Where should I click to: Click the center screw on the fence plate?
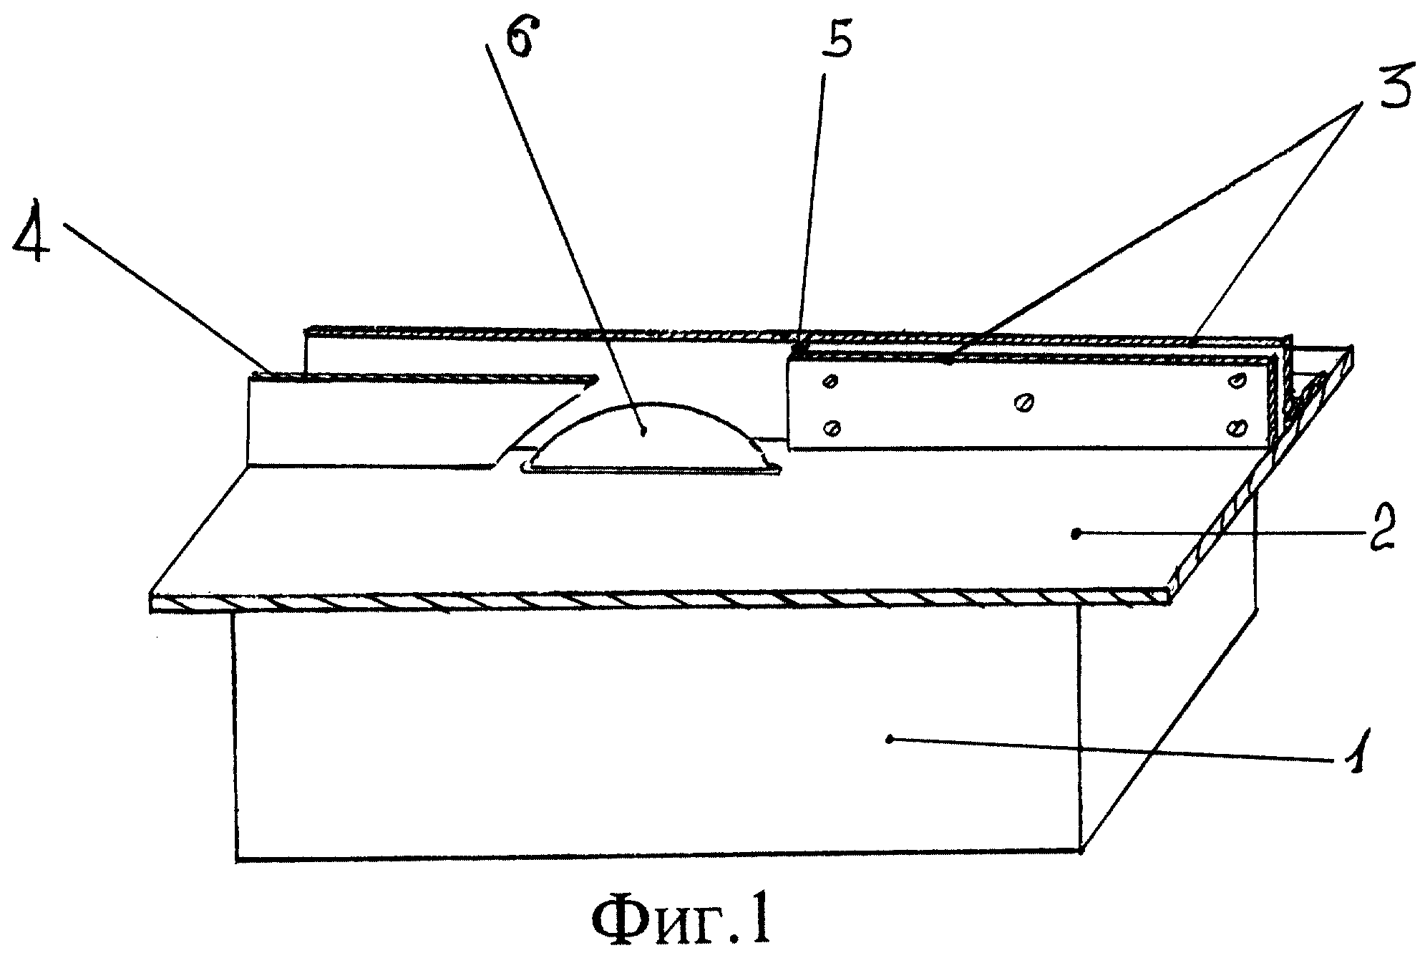1021,404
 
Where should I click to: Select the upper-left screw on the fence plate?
830,382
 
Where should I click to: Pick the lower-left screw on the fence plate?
831,428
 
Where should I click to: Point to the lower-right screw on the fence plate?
1236,428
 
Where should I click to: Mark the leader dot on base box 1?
890,739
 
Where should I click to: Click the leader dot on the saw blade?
645,430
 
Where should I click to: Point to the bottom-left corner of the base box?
237,858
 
